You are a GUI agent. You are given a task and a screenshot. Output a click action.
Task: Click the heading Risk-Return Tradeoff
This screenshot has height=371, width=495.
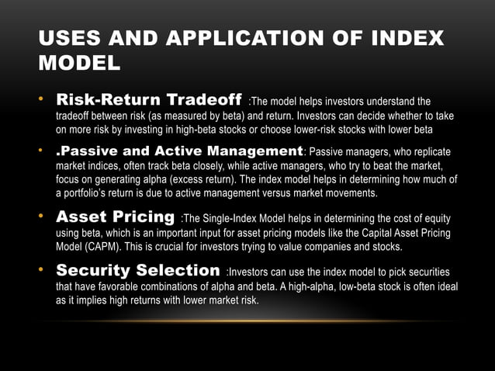pyautogui.click(x=148, y=101)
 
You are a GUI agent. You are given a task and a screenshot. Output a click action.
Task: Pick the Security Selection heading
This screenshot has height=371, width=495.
pyautogui.click(x=137, y=271)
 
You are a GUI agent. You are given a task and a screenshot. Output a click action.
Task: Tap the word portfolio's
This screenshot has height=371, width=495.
pyautogui.click(x=92, y=192)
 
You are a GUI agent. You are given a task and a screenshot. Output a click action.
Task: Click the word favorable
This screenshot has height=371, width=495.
pyautogui.click(x=122, y=286)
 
